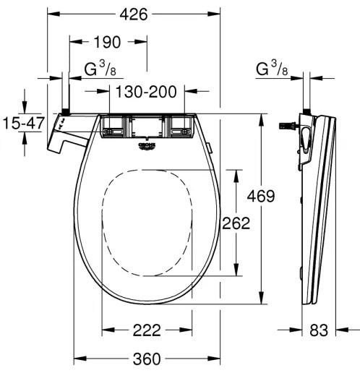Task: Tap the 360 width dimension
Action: pos(147,359)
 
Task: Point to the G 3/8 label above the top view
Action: pos(101,70)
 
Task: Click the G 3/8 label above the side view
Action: pos(272,70)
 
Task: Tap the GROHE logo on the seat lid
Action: pos(147,147)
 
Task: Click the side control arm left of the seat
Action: pos(64,137)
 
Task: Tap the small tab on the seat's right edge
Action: pos(210,148)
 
